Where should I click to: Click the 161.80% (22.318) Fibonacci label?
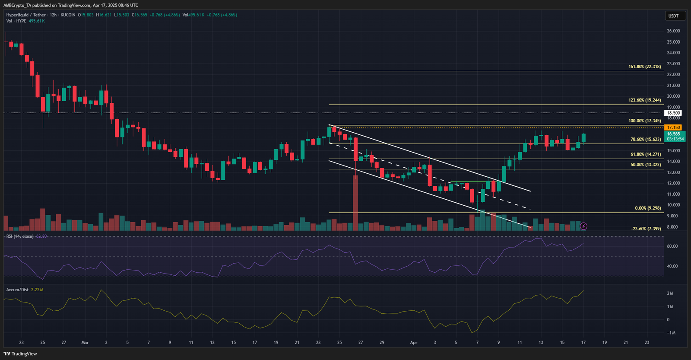pyautogui.click(x=644, y=67)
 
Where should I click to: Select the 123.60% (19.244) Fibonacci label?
pyautogui.click(x=644, y=100)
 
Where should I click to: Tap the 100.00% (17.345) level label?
pyautogui.click(x=644, y=121)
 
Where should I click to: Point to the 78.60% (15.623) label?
pyautogui.click(x=646, y=140)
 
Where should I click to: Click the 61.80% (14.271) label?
pyautogui.click(x=646, y=154)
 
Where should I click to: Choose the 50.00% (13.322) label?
pyautogui.click(x=646, y=165)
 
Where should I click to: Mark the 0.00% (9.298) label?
pyautogui.click(x=647, y=208)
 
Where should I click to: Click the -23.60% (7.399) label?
pyautogui.click(x=646, y=229)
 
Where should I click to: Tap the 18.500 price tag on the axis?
pyautogui.click(x=673, y=113)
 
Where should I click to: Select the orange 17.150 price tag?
pyautogui.click(x=673, y=127)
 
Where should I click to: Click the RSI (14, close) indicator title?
pyautogui.click(x=20, y=236)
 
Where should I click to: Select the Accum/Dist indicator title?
pyautogui.click(x=17, y=290)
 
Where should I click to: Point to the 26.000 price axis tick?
pyautogui.click(x=673, y=31)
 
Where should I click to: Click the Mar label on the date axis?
pyautogui.click(x=85, y=343)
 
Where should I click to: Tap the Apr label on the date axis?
pyautogui.click(x=414, y=343)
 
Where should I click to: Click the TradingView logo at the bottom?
pyautogui.click(x=20, y=354)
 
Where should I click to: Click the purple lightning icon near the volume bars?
pyautogui.click(x=583, y=226)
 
